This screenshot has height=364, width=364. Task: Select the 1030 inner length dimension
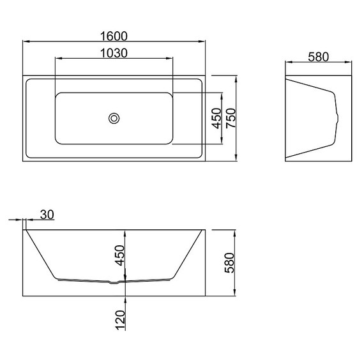pos(114,52)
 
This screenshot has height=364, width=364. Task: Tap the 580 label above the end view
pos(317,56)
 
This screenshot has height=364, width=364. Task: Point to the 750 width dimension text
pos(231,118)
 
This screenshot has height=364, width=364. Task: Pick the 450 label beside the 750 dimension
pos(216,118)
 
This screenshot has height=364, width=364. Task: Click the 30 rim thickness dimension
pos(47,215)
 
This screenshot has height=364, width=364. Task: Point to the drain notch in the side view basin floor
pos(114,282)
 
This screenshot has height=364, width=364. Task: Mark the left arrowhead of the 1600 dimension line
pos(26,42)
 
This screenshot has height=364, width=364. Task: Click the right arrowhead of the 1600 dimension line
pos(203,42)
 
